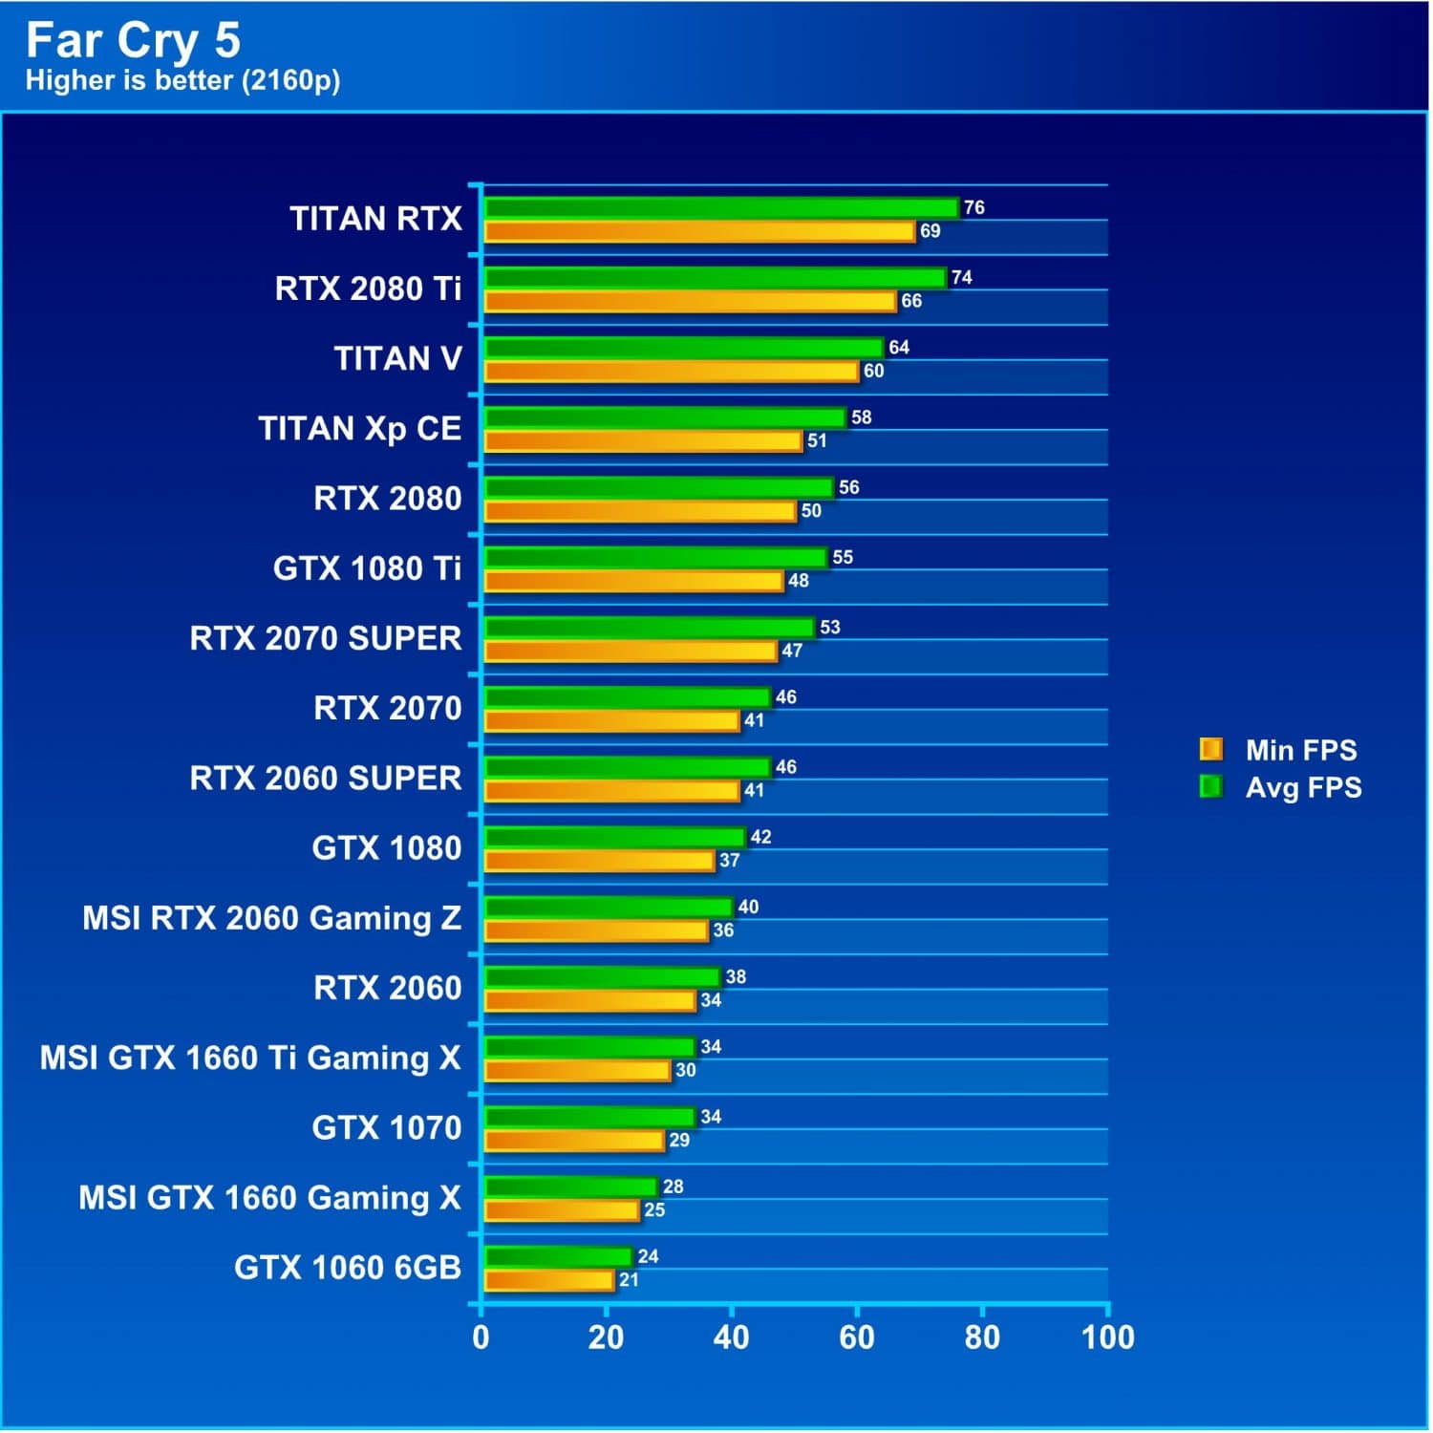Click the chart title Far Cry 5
click(x=133, y=40)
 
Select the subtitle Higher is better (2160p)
click(x=182, y=80)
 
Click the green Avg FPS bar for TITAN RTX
click(x=721, y=207)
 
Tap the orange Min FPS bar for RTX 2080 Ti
click(x=690, y=302)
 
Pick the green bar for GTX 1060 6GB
click(x=558, y=1256)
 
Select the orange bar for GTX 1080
click(x=599, y=861)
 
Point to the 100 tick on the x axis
click(x=1107, y=1337)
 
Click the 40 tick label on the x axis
click(x=731, y=1337)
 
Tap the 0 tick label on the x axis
click(x=481, y=1337)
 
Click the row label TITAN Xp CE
click(x=360, y=428)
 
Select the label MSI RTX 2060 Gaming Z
click(x=271, y=918)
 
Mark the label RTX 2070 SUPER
click(x=326, y=638)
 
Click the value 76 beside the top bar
click(x=973, y=207)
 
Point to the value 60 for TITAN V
click(x=873, y=371)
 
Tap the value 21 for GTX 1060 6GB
click(x=628, y=1280)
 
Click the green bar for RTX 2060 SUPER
click(x=627, y=767)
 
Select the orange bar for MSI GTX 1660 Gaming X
click(x=562, y=1210)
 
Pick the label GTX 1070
click(x=386, y=1127)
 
